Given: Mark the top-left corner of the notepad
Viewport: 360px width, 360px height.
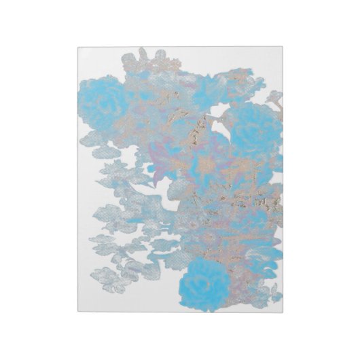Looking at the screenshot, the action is coord(77,47).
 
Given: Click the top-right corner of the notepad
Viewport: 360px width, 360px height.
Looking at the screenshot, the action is coord(283,47).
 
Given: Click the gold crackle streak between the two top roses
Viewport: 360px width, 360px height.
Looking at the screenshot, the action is coord(197,129).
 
